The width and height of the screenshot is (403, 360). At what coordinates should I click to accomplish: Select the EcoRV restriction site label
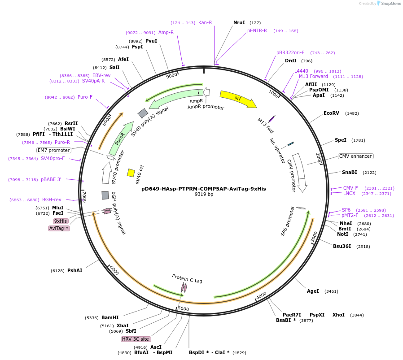click(x=331, y=113)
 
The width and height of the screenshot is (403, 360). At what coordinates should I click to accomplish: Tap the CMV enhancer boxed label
click(x=356, y=156)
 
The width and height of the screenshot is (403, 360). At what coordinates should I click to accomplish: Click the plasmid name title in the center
click(x=204, y=189)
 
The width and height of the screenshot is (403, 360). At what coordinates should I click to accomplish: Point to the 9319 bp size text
click(x=204, y=195)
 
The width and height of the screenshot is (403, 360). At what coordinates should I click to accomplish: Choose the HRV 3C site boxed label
click(x=135, y=339)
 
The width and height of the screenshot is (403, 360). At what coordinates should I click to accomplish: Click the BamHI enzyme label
click(x=110, y=318)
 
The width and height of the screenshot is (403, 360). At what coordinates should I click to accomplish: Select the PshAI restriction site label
click(x=74, y=271)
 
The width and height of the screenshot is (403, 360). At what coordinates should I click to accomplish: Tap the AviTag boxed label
click(x=59, y=229)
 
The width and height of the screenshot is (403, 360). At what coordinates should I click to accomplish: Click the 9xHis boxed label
click(x=61, y=221)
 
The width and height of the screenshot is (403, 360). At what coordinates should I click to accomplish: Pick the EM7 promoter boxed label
click(x=54, y=150)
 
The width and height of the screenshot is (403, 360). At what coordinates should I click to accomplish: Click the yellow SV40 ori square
click(x=131, y=173)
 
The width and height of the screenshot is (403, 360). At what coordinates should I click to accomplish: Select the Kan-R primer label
click(x=205, y=22)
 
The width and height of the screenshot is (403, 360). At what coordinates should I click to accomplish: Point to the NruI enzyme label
click(x=239, y=22)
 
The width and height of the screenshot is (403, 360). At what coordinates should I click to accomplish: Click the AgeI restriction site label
click(x=313, y=291)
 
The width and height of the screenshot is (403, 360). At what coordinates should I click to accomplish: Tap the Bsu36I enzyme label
click(x=342, y=246)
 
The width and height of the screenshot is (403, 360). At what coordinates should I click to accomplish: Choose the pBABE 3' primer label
click(x=51, y=179)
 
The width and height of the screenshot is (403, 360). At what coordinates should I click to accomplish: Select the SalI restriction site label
click(x=114, y=67)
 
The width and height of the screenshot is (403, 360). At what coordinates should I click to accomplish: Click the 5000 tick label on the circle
click(x=184, y=308)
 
